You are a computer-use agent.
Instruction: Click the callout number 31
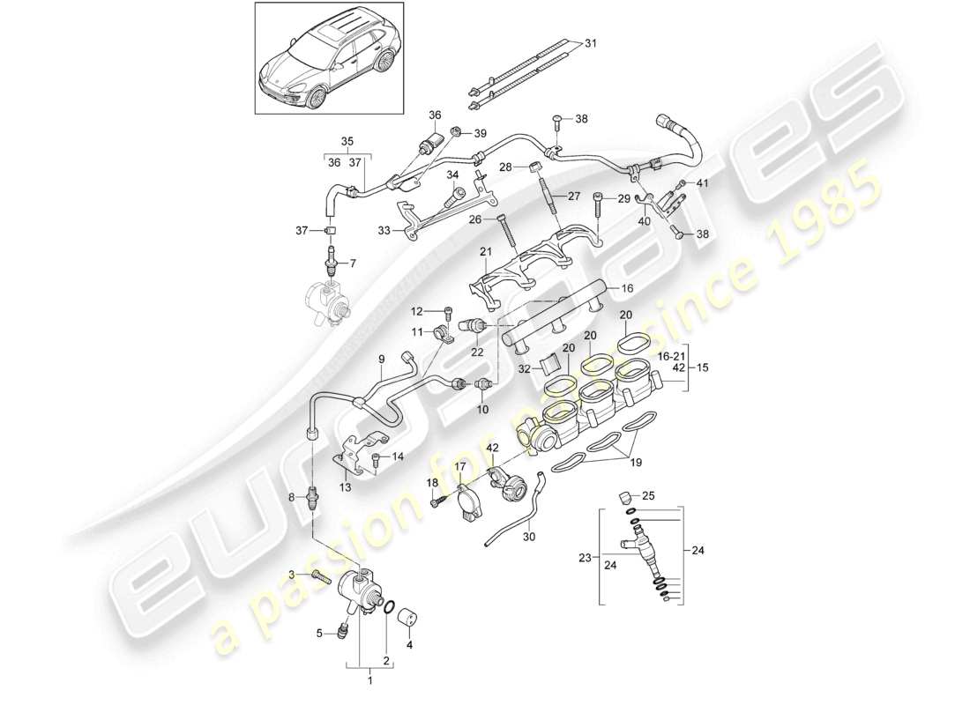[591, 44]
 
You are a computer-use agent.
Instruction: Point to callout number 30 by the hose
[530, 535]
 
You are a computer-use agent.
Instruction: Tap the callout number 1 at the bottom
[369, 679]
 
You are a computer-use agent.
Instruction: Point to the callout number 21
[484, 254]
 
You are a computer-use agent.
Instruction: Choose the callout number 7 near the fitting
[354, 263]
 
